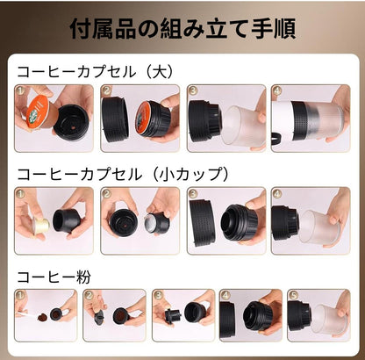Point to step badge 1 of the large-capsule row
coord(20,90)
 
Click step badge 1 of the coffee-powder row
coord(19,295)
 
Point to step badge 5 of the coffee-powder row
coord(294,295)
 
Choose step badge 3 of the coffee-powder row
coord(157,295)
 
